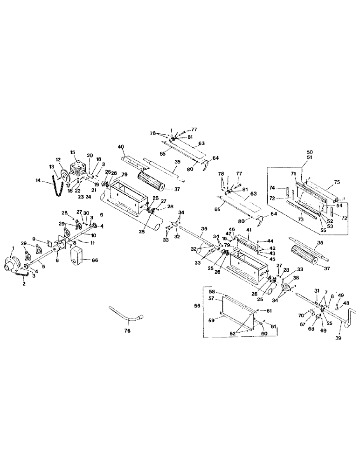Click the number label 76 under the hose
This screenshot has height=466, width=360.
(127, 330)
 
